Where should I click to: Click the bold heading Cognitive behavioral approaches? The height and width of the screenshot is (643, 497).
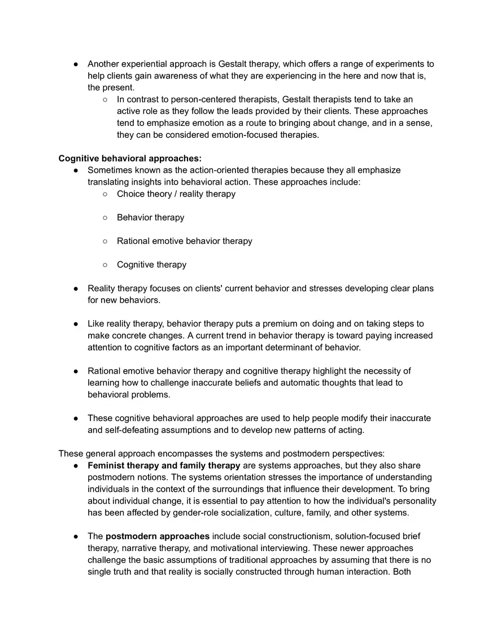130,158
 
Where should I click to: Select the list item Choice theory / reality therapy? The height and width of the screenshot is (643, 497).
176,194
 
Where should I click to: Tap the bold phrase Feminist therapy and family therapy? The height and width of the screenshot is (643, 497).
164,465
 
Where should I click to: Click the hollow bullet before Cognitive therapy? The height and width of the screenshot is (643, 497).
105,265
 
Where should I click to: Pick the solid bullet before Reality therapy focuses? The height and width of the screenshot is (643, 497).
76,288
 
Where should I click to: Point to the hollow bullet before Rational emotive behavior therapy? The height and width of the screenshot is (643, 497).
105,241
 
